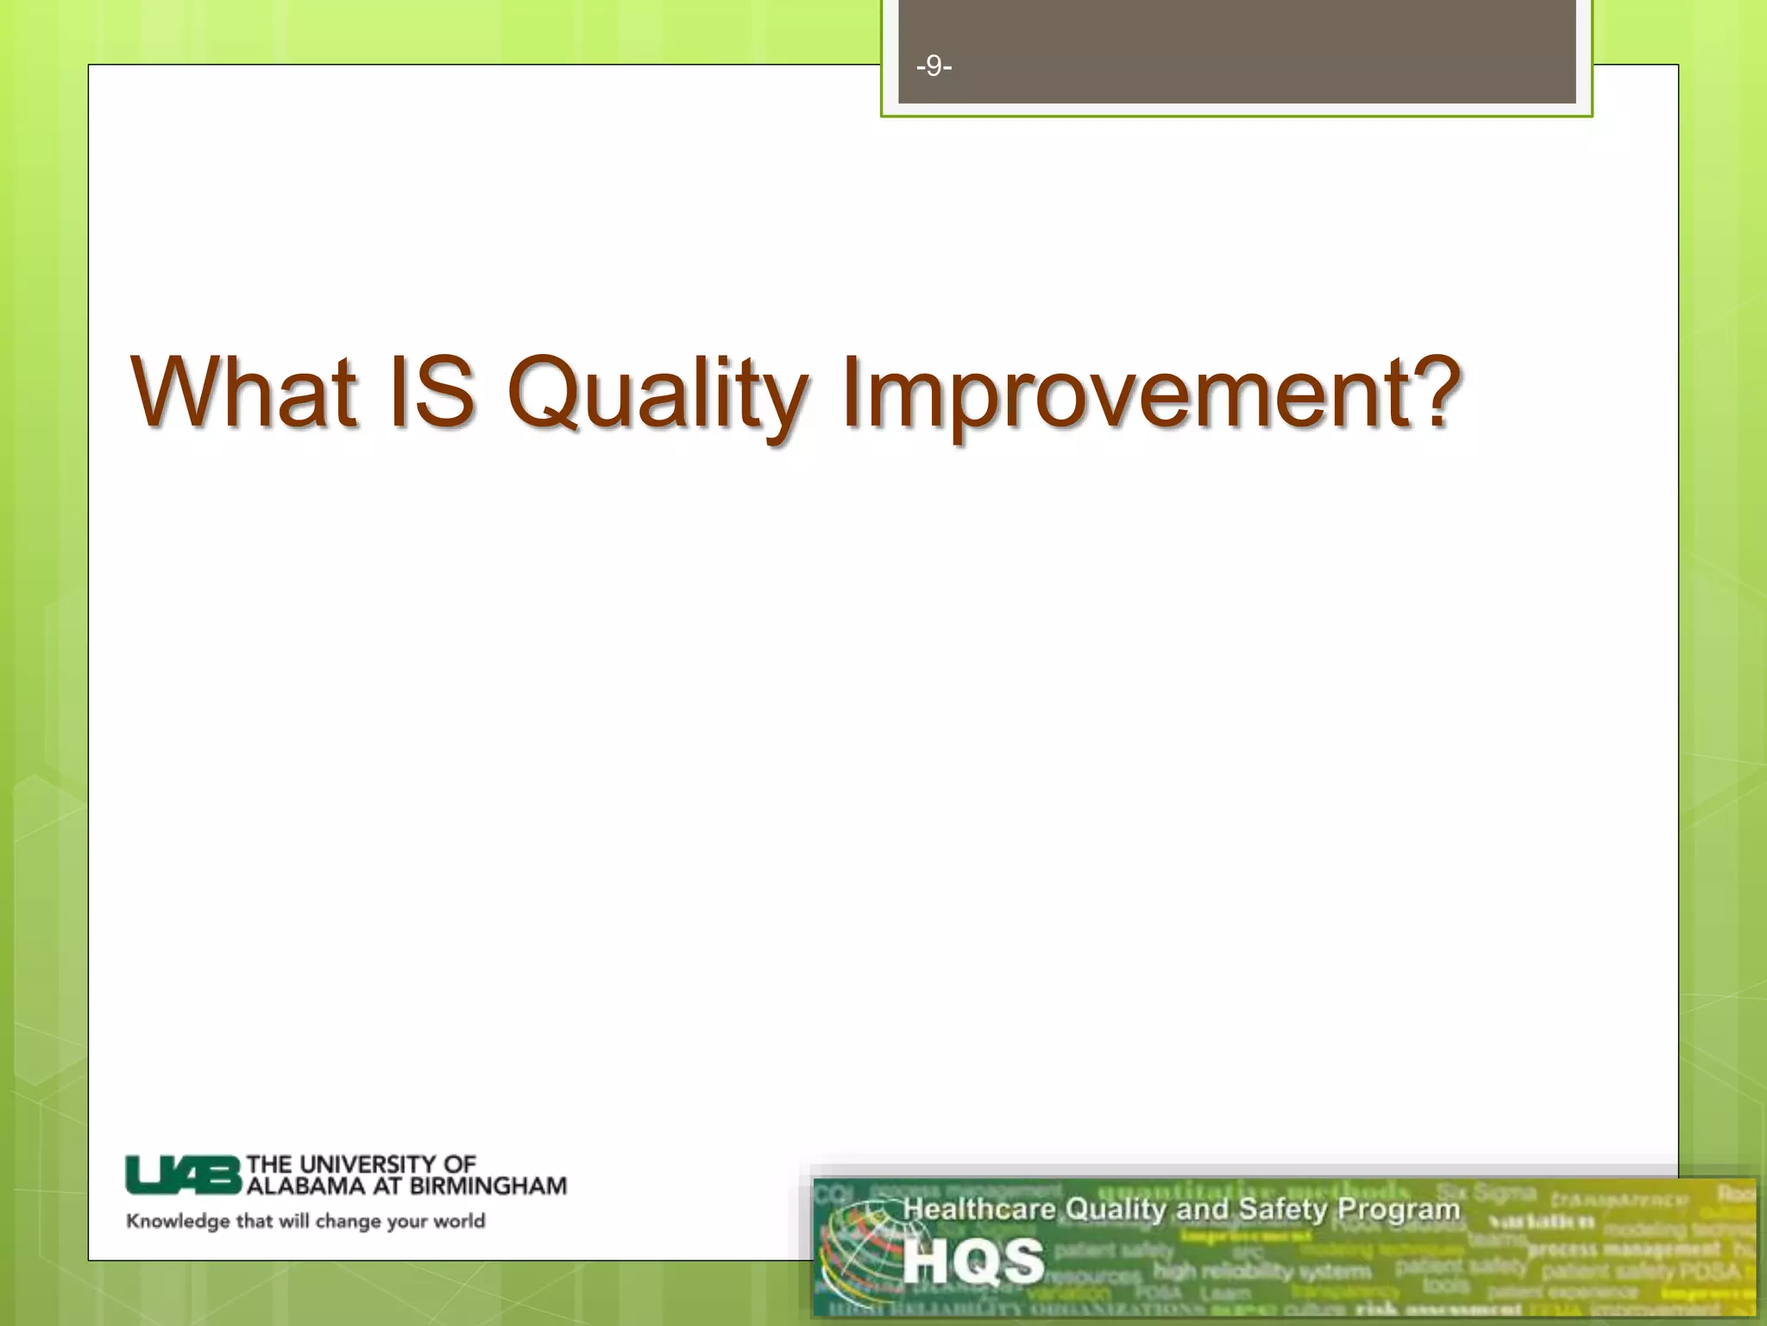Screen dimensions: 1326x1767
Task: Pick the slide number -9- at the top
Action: (934, 66)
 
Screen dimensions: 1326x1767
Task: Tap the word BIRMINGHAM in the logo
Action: (487, 1186)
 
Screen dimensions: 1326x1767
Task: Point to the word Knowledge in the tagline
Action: (178, 1221)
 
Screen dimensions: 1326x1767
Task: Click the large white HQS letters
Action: (973, 1260)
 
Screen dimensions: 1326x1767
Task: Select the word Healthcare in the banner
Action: (978, 1209)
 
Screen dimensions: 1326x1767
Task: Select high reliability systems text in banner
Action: (1261, 1271)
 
